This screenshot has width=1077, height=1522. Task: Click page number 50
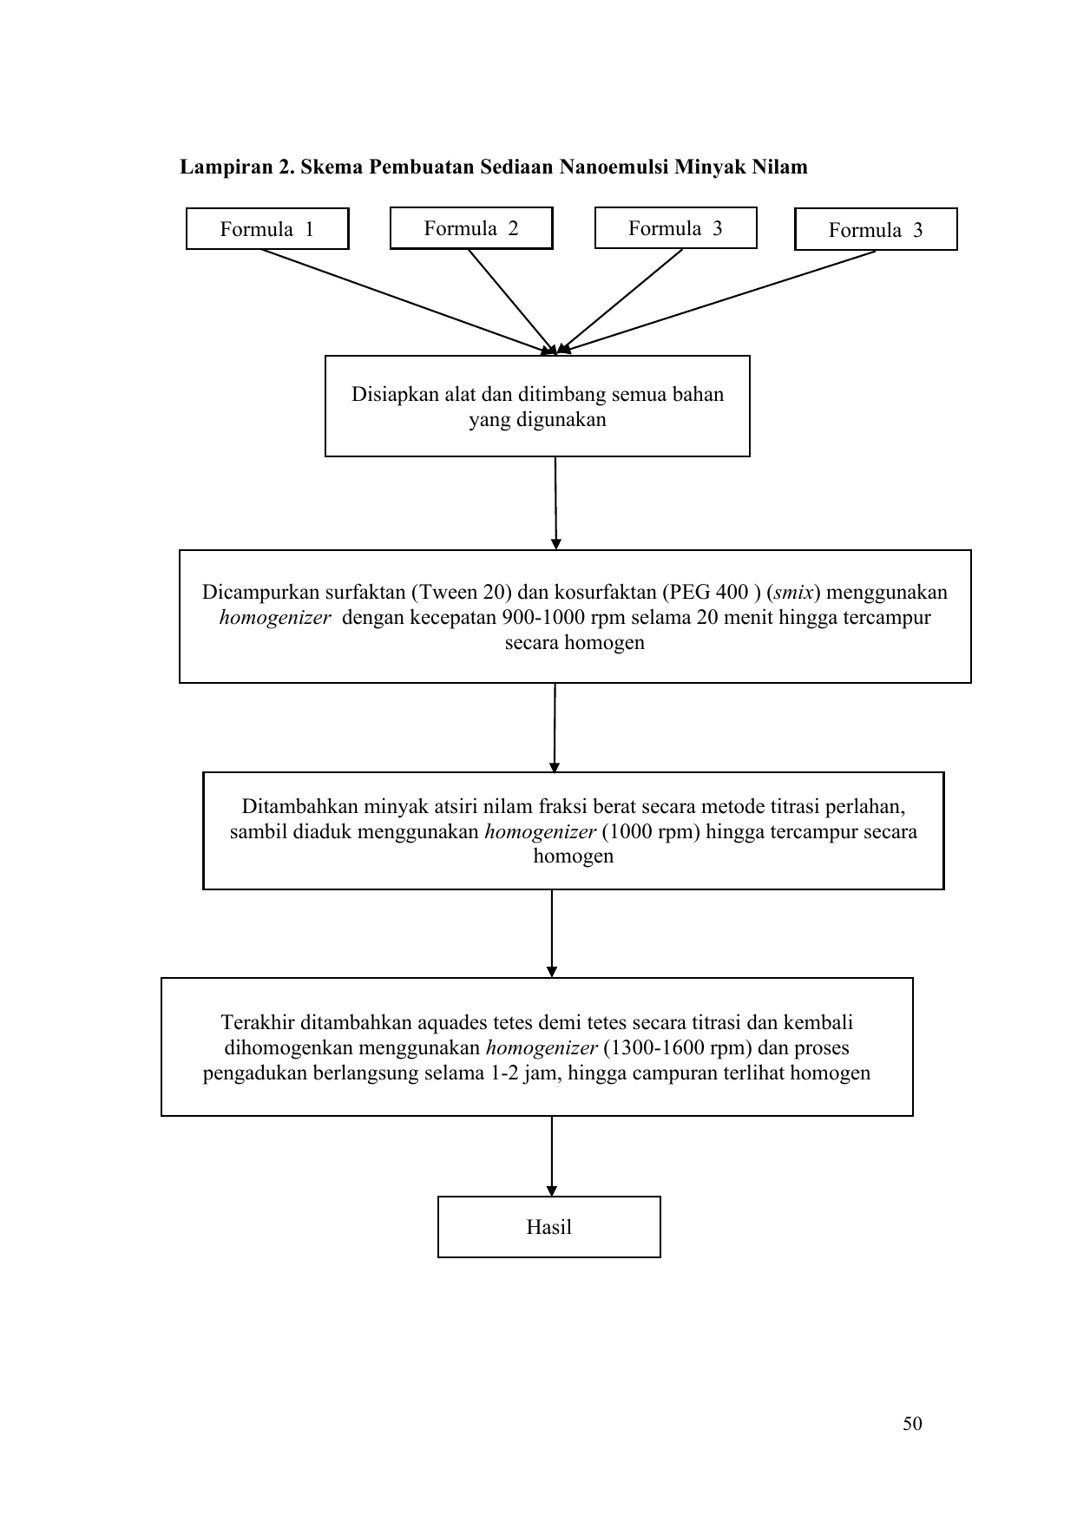point(912,1424)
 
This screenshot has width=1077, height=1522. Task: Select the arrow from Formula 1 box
point(408,302)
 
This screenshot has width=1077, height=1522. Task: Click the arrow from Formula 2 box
point(511,302)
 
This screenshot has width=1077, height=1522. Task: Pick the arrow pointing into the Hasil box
point(552,1156)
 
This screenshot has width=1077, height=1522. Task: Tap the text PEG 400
point(712,593)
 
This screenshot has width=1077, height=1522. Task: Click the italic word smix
point(794,593)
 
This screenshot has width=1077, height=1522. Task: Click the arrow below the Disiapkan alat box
point(555,503)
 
